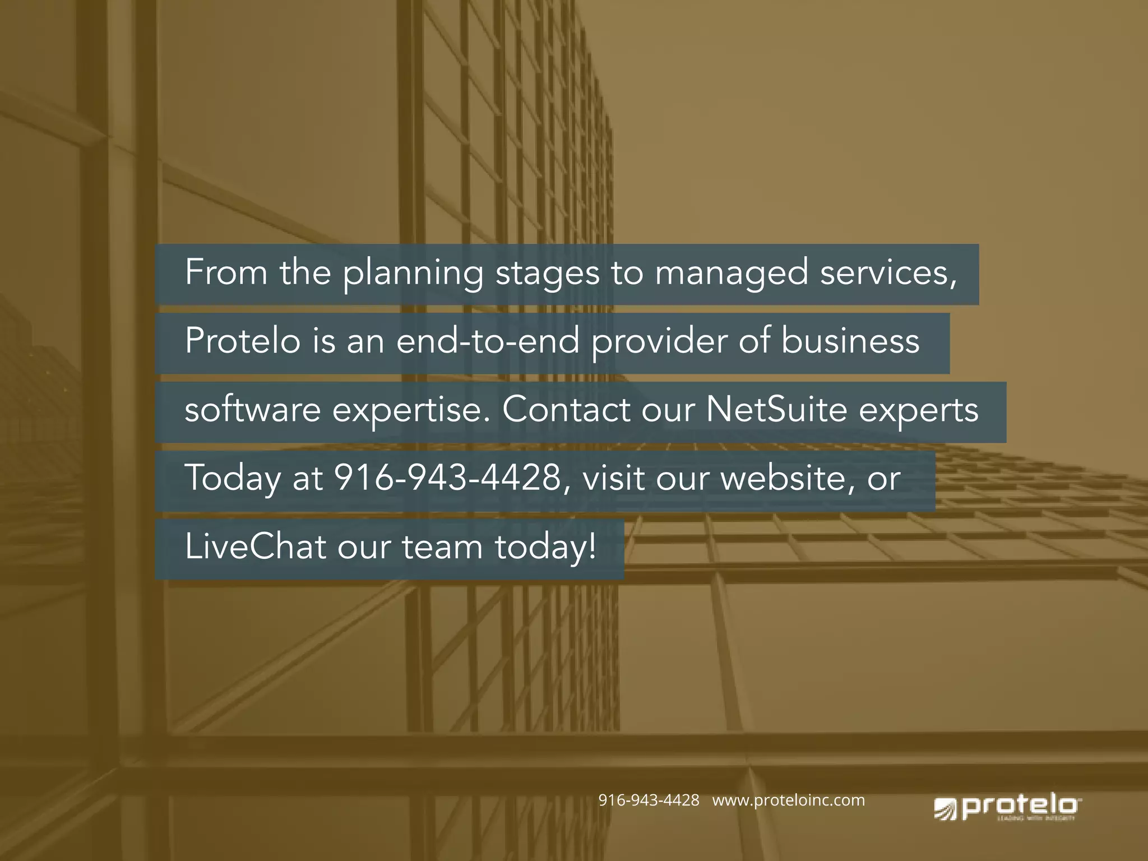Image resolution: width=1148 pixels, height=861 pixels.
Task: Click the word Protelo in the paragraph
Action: [243, 341]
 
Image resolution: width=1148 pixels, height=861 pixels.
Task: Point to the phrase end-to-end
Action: [488, 341]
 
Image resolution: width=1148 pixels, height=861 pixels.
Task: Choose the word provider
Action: [659, 342]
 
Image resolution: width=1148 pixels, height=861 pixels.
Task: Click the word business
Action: [850, 341]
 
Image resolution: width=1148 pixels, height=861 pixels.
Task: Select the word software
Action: [252, 410]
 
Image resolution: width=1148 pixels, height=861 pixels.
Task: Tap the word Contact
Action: [566, 410]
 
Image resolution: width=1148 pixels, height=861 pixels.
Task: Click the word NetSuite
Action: [776, 410]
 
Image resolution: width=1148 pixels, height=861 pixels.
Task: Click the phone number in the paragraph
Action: [447, 478]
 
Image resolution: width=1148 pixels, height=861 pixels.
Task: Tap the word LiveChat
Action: [255, 547]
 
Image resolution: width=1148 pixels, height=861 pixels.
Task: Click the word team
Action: [442, 547]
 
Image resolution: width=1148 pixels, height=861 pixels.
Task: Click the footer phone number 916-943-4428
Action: [649, 800]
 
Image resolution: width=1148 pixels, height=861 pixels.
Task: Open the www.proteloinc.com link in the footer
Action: [788, 800]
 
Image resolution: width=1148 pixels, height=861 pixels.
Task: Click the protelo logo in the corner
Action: [1007, 808]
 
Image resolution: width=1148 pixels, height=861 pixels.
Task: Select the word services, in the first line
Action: [888, 274]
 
